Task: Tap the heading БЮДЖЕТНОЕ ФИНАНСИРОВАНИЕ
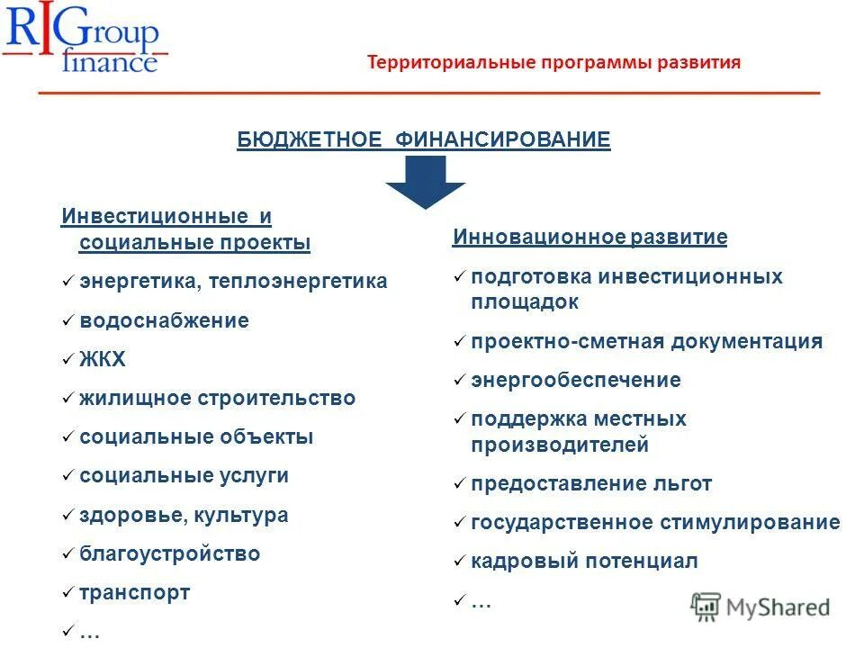point(424,139)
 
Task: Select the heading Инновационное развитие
point(589,238)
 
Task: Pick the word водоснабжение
point(164,320)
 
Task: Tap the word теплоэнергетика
point(298,281)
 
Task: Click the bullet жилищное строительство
point(217,398)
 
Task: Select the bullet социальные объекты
point(196,437)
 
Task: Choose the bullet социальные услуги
point(184,476)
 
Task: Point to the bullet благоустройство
point(169,554)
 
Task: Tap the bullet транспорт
point(135,593)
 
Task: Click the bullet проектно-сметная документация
point(646,341)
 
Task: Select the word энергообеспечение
point(576,380)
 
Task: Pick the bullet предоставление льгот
point(591,483)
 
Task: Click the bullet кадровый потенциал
point(584,562)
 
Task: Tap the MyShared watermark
point(760,607)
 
